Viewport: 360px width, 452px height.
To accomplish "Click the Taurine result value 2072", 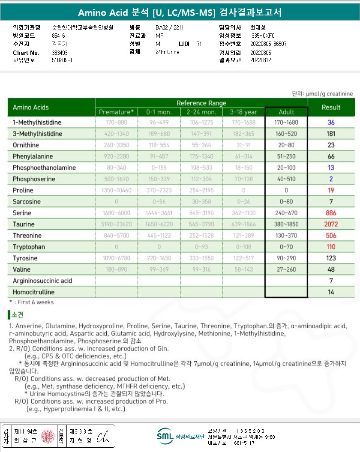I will (x=331, y=224).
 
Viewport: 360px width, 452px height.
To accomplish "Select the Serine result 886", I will (x=331, y=213).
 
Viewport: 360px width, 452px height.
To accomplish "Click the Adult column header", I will (x=286, y=112).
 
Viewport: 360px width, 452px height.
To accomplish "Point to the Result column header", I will (x=331, y=107).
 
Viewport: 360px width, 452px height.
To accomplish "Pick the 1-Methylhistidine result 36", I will (x=331, y=123).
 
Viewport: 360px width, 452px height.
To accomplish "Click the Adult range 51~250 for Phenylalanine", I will (x=286, y=156).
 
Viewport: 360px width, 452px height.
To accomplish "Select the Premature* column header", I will (x=116, y=112).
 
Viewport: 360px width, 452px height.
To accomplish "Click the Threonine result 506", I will (x=331, y=236).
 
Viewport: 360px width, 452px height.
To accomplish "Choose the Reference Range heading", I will (x=201, y=103).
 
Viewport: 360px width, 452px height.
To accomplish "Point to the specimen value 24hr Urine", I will (x=167, y=52).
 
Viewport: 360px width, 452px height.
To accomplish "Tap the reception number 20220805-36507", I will (x=268, y=44).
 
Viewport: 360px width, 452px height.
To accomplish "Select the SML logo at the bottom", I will (x=165, y=436).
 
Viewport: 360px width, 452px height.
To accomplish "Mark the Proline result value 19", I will (x=331, y=190).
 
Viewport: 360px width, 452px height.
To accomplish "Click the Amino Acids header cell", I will (x=31, y=107).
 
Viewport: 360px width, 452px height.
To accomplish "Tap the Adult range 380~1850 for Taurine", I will (x=286, y=224).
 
